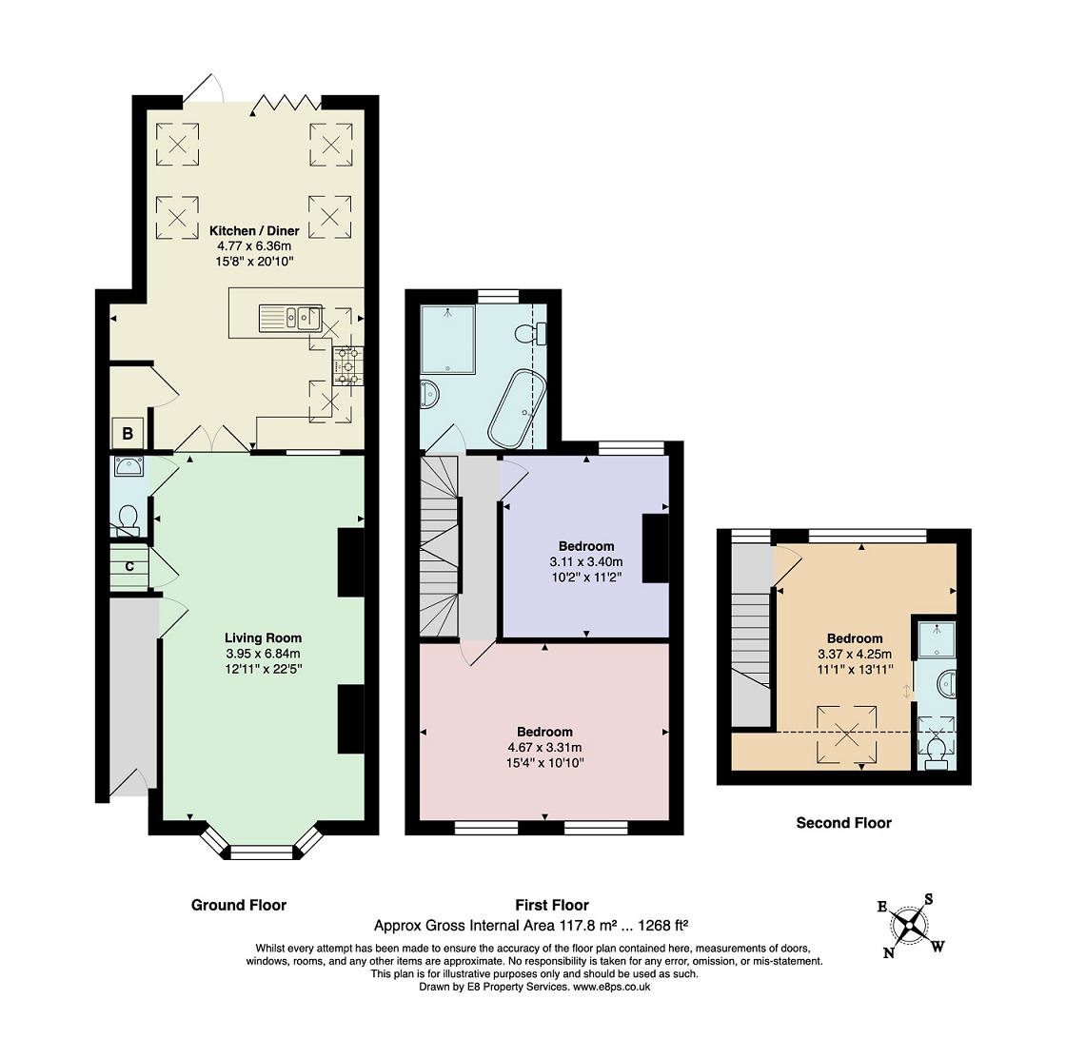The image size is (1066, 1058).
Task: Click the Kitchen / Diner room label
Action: point(254,231)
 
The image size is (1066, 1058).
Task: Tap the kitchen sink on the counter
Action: point(290,318)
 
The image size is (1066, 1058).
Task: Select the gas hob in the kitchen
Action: point(347,365)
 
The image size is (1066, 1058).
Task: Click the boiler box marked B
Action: point(128,433)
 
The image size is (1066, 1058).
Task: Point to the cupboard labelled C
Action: point(129,567)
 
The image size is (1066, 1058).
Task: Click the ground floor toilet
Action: point(128,520)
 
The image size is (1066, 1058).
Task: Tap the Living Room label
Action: point(263,638)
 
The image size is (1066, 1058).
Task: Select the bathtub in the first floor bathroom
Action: point(518,409)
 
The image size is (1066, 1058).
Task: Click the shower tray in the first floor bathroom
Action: point(447,340)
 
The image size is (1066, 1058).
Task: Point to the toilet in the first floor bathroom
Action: point(530,334)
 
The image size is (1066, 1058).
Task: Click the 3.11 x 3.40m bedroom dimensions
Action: point(586,562)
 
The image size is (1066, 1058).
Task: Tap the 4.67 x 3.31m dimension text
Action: point(544,748)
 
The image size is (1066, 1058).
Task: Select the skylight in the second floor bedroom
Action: point(846,735)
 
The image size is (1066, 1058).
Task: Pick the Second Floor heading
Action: point(843,823)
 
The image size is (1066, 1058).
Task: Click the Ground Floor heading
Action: point(239,905)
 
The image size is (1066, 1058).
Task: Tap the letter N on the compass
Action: point(889,952)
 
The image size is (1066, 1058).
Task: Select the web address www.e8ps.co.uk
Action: point(612,987)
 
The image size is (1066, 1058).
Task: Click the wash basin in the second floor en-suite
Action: point(945,681)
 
